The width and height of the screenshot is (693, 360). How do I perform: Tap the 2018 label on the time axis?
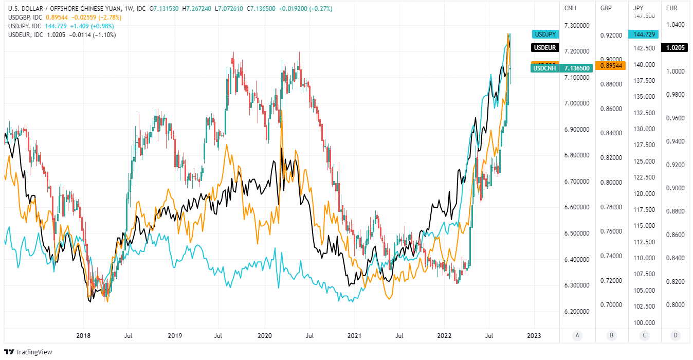(x=83, y=336)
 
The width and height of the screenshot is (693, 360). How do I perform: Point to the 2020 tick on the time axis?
(x=264, y=336)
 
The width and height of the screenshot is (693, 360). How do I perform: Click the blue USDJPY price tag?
(x=544, y=34)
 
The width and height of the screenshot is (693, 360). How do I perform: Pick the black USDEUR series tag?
(x=544, y=48)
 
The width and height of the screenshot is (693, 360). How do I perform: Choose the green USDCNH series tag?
(x=545, y=68)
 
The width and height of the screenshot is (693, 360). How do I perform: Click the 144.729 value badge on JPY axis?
(x=643, y=34)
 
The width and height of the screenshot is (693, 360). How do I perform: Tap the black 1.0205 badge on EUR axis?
(x=674, y=48)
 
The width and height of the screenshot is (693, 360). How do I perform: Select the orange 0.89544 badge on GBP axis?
(x=610, y=66)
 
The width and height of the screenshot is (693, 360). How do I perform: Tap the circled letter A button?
(x=577, y=336)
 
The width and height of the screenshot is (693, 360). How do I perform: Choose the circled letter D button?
(x=676, y=336)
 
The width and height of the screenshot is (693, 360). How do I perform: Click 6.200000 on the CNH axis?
(x=577, y=312)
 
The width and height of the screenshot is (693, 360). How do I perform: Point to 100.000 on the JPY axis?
(x=643, y=322)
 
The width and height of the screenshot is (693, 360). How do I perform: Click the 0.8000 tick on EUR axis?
(x=674, y=305)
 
